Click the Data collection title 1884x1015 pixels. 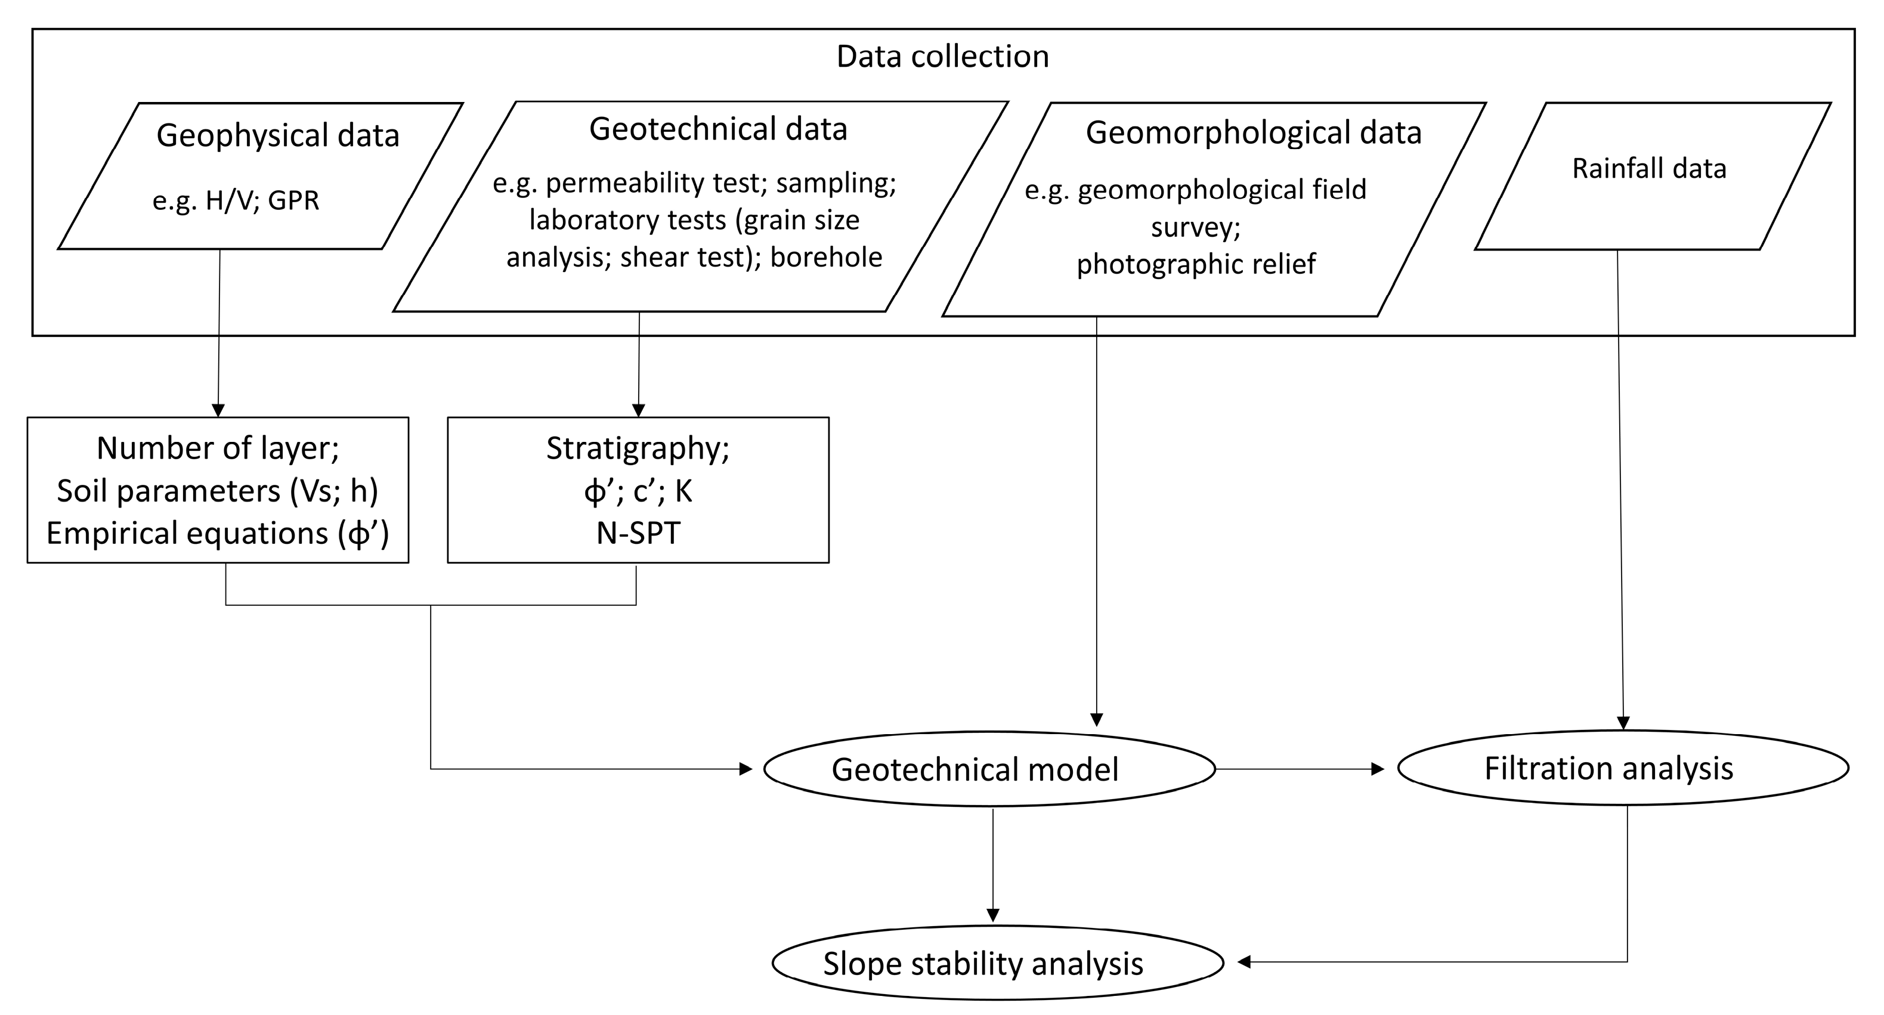pos(942,56)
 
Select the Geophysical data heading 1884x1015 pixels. pos(278,136)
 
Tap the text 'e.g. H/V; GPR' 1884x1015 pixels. pos(236,200)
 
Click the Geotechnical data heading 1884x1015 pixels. pos(718,129)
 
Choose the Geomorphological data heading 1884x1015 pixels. pos(1254,133)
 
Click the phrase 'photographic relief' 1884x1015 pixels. pos(1196,264)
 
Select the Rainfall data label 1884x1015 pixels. pos(1649,169)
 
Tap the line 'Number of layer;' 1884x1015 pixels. pos(218,448)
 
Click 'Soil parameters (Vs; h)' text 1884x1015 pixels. pos(218,491)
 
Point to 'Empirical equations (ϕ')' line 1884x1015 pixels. pos(218,533)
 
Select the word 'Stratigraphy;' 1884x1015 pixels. pos(638,448)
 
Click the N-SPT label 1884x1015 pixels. pos(638,533)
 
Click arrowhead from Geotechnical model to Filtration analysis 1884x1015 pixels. pos(1377,769)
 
